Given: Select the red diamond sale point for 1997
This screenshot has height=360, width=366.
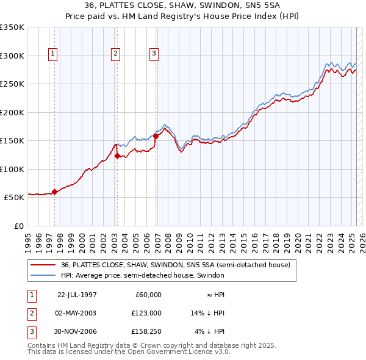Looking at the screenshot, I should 55,192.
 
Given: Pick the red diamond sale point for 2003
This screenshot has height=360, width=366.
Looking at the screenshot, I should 117,156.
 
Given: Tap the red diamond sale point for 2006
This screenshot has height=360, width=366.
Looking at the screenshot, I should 156,136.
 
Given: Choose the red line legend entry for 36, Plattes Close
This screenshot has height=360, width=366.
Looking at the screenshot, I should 176,265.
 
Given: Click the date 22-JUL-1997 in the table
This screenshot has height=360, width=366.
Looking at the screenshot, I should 77,295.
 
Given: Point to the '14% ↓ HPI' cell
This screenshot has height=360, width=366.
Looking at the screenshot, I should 208,313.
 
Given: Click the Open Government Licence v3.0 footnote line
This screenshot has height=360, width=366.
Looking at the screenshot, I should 129,352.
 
